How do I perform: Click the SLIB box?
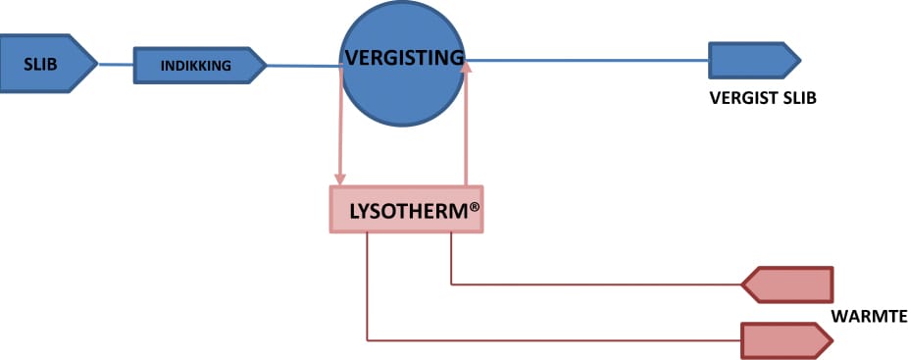(46, 64)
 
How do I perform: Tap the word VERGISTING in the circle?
(405, 58)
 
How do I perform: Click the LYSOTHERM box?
(406, 209)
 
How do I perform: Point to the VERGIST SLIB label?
(763, 98)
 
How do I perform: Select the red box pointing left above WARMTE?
(787, 284)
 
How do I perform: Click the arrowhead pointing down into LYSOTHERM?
(340, 180)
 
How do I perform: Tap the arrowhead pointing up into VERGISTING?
(465, 67)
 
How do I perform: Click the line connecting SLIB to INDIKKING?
(116, 65)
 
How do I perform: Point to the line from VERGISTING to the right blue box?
(586, 60)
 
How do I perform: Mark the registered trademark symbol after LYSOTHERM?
(475, 208)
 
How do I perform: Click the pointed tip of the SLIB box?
(98, 64)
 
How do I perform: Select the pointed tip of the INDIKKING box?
(267, 66)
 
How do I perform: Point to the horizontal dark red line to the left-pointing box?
(596, 284)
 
